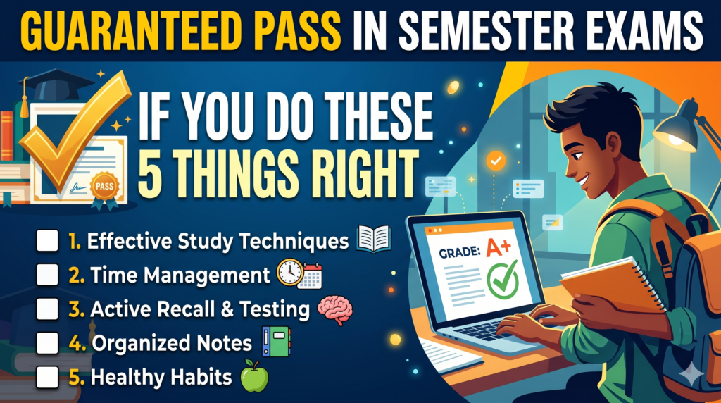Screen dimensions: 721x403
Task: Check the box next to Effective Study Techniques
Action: click(47, 241)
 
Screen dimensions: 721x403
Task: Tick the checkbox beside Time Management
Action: click(47, 275)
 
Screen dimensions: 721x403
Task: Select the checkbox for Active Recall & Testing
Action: click(47, 309)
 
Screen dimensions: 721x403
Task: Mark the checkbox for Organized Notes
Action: click(47, 342)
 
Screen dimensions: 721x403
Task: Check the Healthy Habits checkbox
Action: click(47, 377)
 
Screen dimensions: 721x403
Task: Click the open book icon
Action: click(373, 239)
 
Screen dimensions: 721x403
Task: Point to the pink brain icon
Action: click(335, 310)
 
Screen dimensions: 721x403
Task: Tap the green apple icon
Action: click(254, 376)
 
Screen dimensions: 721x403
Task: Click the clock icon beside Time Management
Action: click(289, 273)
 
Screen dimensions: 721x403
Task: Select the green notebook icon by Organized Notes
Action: click(277, 342)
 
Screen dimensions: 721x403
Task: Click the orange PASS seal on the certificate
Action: click(104, 186)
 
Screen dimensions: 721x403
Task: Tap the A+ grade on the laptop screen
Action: click(499, 247)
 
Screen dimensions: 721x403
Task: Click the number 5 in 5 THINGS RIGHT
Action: click(149, 175)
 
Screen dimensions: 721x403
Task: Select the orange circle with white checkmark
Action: click(496, 161)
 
